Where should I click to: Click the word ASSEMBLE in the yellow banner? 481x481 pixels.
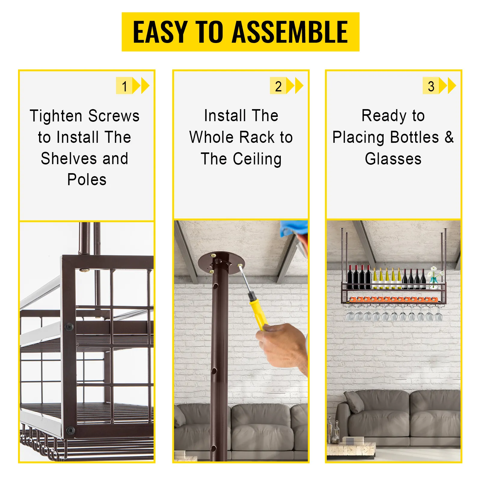click(290, 32)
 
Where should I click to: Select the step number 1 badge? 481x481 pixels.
click(124, 86)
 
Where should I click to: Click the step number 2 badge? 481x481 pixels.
click(278, 86)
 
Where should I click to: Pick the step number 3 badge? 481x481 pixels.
click(431, 86)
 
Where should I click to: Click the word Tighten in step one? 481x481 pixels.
click(56, 116)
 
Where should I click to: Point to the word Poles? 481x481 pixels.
click(87, 180)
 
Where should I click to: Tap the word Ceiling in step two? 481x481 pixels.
click(257, 159)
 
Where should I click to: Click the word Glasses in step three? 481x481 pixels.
click(393, 159)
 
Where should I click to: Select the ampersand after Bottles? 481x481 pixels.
click(449, 137)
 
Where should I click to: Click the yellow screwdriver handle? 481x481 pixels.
click(257, 311)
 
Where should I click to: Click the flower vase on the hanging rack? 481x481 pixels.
click(434, 281)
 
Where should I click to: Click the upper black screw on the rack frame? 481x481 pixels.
click(69, 326)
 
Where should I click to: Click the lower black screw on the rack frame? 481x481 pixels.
click(71, 430)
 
